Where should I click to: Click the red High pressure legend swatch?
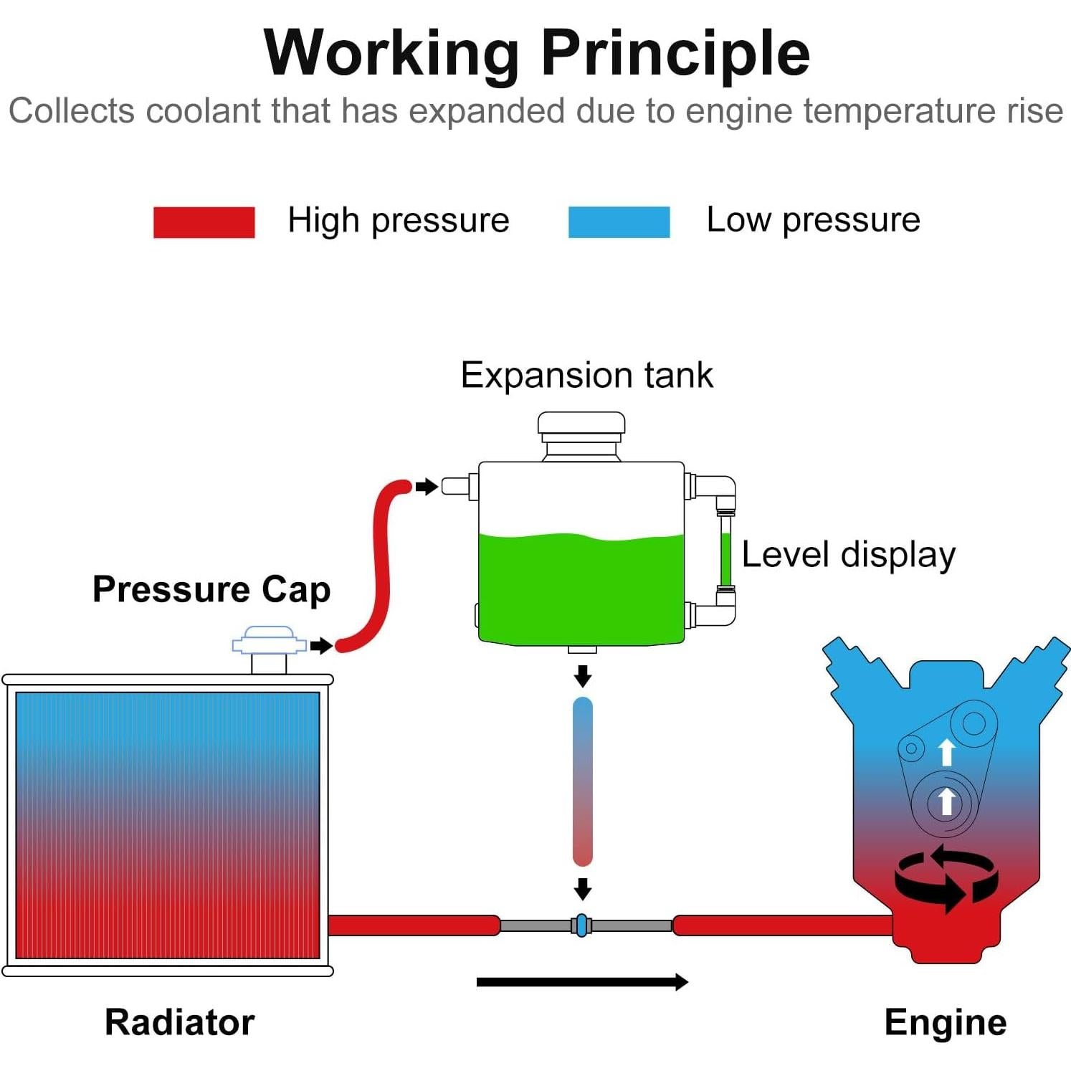tap(204, 222)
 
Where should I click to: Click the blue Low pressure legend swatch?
tap(619, 222)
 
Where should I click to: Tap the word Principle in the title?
tap(675, 53)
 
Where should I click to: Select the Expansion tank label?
tap(586, 375)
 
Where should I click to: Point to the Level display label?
tap(848, 554)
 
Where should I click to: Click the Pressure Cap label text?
tap(211, 589)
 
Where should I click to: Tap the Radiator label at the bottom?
tap(179, 1022)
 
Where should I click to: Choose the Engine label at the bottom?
tap(945, 1022)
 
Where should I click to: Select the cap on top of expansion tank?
tap(581, 428)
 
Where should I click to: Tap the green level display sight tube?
tap(725, 553)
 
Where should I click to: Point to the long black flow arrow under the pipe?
tap(581, 981)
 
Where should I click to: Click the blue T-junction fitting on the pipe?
tap(582, 925)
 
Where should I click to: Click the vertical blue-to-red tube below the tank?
tap(583, 781)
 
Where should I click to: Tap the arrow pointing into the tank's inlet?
tap(427, 487)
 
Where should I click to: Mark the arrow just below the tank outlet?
tap(583, 675)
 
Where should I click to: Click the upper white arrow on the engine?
tap(947, 752)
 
